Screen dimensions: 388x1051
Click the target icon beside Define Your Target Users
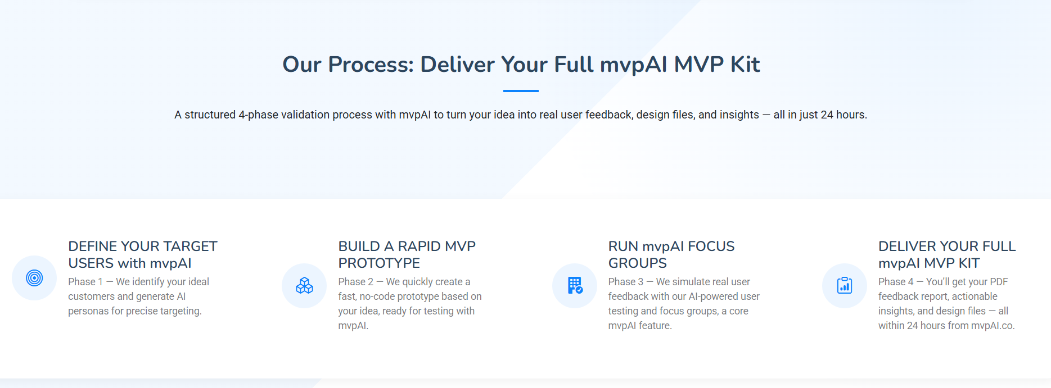[34, 278]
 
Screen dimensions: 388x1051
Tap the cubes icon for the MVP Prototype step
[304, 286]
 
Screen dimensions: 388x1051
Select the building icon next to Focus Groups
[575, 286]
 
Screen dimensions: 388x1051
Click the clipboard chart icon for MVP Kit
[845, 286]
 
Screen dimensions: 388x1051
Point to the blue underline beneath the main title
[521, 91]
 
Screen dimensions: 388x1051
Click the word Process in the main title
[371, 65]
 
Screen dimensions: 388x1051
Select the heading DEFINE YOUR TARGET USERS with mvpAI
[142, 254]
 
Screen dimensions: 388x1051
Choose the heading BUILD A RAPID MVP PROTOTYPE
[407, 254]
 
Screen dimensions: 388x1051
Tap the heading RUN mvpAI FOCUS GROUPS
[671, 254]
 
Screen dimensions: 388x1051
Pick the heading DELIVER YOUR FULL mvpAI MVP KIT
[946, 254]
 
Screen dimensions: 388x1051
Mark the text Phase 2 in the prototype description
[355, 282]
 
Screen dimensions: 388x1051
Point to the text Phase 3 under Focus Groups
[625, 282]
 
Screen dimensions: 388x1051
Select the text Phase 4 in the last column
[895, 282]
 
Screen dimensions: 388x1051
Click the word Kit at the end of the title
[745, 65]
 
